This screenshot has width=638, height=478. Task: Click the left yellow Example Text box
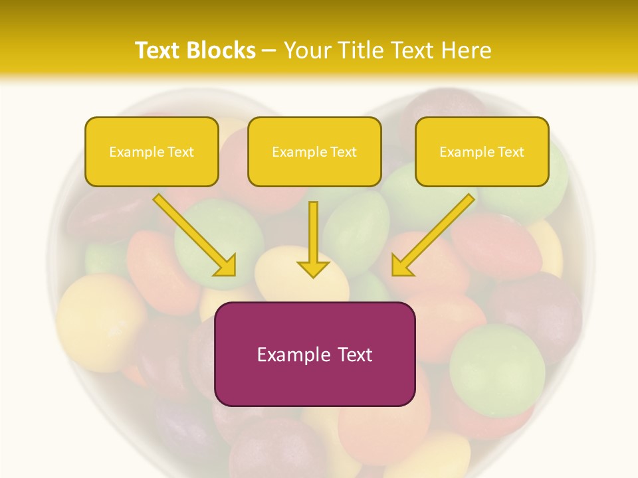[152, 151]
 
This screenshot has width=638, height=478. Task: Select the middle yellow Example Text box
[314, 151]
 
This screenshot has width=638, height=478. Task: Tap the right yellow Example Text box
[482, 151]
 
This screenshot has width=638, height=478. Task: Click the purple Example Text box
[314, 354]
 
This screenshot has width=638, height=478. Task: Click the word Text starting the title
[158, 50]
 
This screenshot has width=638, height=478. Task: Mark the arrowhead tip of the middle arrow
[313, 276]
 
